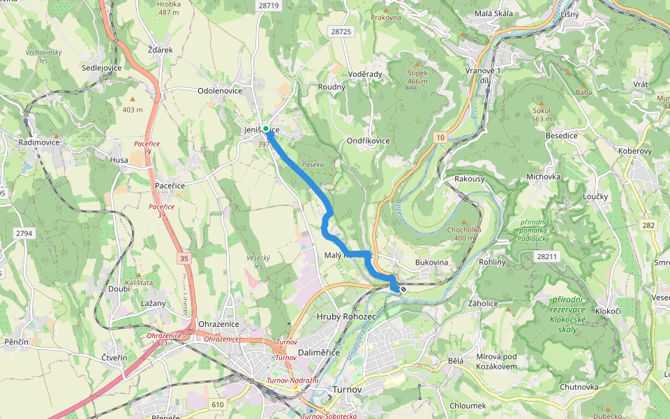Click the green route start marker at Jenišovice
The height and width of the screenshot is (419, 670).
[x=266, y=128]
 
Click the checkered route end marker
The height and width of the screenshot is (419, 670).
[x=403, y=289]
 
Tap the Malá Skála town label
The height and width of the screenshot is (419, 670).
[x=493, y=13]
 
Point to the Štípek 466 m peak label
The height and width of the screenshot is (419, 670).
[x=417, y=77]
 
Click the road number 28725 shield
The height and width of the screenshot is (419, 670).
[x=341, y=31]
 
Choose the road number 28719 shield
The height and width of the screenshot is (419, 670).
[x=268, y=5]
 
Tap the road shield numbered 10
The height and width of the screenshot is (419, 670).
[x=440, y=138]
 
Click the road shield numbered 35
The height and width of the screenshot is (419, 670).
[x=184, y=258]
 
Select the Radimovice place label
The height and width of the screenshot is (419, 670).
[x=39, y=142]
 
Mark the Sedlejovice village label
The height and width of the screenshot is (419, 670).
[x=101, y=68]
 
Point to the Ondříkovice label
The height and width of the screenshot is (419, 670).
[x=368, y=140]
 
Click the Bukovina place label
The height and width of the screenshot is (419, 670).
[x=431, y=262]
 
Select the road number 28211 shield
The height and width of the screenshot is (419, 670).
[x=548, y=257]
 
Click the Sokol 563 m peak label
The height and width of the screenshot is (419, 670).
[x=541, y=115]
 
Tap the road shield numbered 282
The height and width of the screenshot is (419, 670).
[x=649, y=224]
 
